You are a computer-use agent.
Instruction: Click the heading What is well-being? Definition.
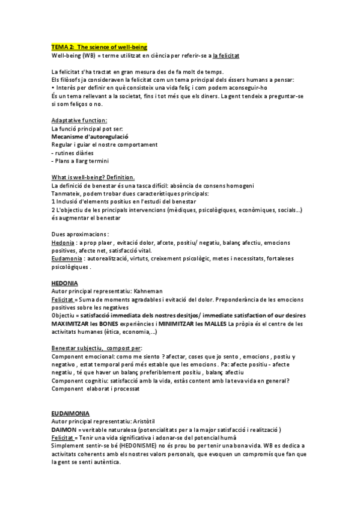[x=93, y=177]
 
